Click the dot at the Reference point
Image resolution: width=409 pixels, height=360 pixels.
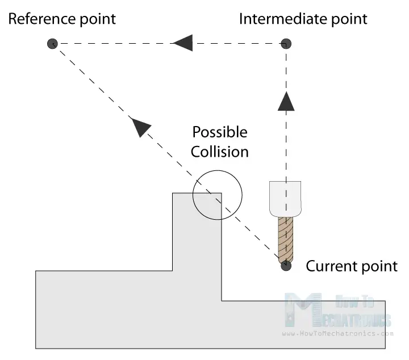pyautogui.click(x=52, y=43)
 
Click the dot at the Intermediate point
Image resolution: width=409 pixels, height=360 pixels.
pyautogui.click(x=287, y=43)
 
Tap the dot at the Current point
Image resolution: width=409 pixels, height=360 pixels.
pyautogui.click(x=286, y=265)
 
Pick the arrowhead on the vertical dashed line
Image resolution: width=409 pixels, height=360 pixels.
pyautogui.click(x=287, y=101)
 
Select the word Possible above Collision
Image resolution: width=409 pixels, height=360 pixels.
pyautogui.click(x=220, y=132)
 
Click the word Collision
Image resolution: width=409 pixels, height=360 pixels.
pyautogui.click(x=220, y=152)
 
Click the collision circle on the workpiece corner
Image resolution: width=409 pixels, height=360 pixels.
pyautogui.click(x=218, y=194)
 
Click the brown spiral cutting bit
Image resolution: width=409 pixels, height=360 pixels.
pyautogui.click(x=286, y=238)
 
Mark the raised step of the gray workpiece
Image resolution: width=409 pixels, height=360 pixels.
pyautogui.click(x=196, y=233)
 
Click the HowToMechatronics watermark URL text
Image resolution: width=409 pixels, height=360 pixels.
pyautogui.click(x=337, y=334)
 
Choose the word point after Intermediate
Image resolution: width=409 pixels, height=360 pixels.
pyautogui.click(x=348, y=19)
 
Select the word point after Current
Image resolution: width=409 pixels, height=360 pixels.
pyautogui.click(x=380, y=266)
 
